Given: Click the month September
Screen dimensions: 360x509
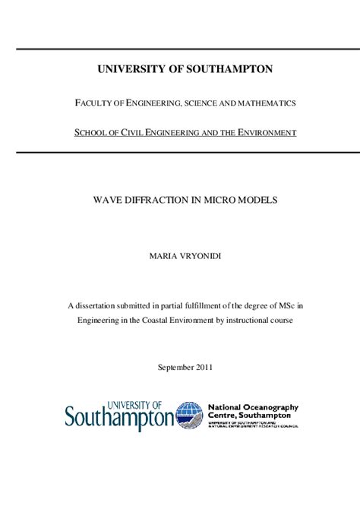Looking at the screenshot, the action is point(174,367).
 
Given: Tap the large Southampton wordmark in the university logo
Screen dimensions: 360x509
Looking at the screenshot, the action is point(119,418).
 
